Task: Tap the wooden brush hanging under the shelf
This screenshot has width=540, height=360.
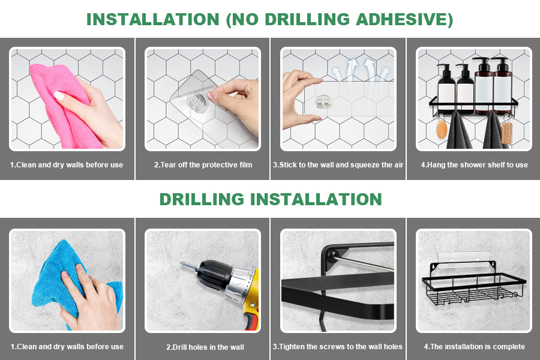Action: click(507, 132)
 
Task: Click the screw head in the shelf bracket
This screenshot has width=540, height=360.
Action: click(333, 255)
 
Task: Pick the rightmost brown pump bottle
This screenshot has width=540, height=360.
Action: click(502, 85)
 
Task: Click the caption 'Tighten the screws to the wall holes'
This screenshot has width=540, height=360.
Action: click(337, 347)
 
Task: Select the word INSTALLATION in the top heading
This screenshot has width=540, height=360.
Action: click(153, 19)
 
